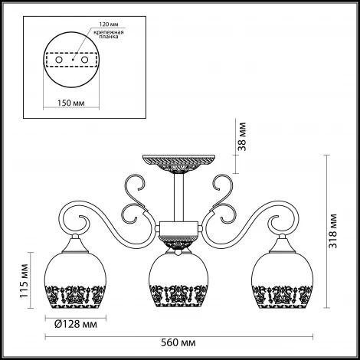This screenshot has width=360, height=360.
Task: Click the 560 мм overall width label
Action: (x=178, y=342)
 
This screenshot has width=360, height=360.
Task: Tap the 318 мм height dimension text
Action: (x=332, y=231)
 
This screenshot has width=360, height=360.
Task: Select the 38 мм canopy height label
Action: (x=242, y=137)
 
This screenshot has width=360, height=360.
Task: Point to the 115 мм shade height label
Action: (x=24, y=280)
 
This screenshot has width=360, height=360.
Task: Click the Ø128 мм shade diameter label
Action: (x=76, y=324)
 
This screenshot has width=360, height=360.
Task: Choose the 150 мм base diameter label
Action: (x=70, y=103)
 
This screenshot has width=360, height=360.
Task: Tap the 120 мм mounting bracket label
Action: (x=109, y=25)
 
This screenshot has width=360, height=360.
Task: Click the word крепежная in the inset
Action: (x=109, y=32)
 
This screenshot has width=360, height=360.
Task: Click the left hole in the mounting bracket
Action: (x=59, y=60)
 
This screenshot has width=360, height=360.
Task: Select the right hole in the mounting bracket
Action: (x=84, y=60)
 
